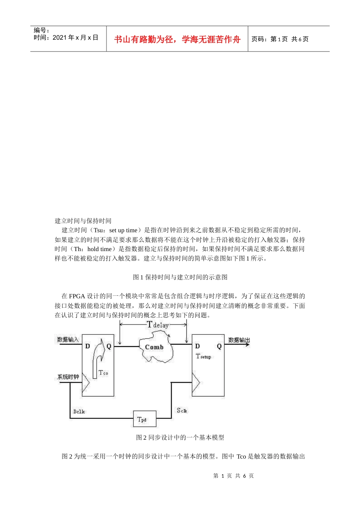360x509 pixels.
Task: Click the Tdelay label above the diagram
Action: point(158,325)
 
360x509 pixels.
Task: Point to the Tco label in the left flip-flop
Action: point(103,373)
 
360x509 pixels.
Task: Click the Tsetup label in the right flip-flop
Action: point(203,356)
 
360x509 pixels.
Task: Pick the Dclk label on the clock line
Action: point(79,411)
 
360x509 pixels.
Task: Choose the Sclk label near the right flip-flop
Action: point(182,411)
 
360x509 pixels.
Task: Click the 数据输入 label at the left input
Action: point(68,340)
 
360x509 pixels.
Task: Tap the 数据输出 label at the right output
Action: point(239,340)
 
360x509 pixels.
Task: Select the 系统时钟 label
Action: point(68,377)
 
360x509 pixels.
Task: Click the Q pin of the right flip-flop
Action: point(219,347)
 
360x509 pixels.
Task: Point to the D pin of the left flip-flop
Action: point(88,346)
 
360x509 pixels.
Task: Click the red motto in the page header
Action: point(177,39)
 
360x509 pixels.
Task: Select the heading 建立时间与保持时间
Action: point(83,221)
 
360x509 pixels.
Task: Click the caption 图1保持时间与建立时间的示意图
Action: point(180,277)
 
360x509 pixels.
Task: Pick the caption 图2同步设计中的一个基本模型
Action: point(180,437)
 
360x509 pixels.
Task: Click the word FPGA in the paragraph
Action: point(77,296)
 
